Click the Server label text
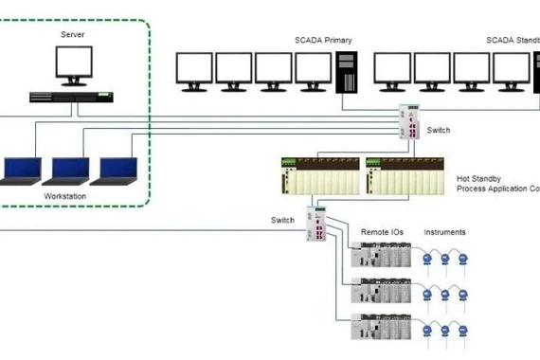[72, 33]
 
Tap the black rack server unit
[72, 96]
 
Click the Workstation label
[65, 196]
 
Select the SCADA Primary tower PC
[348, 73]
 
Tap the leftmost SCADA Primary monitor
[194, 71]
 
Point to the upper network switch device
[413, 121]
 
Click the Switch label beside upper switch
[439, 129]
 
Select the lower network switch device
[316, 224]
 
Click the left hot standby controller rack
[321, 176]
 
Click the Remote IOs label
[379, 231]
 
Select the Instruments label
[444, 231]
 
